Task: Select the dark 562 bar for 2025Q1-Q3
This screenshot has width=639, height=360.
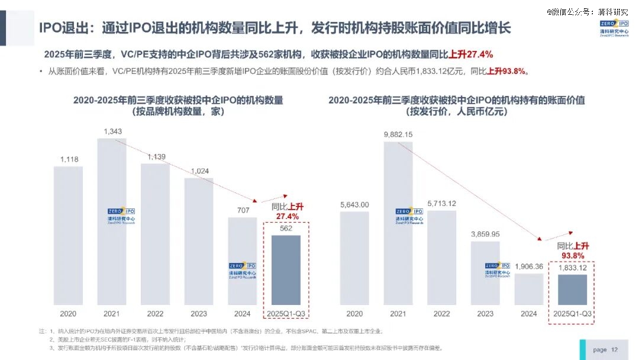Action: coord(286,269)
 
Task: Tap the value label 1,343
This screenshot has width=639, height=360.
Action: coord(112,131)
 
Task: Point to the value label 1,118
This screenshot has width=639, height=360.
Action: coord(68,159)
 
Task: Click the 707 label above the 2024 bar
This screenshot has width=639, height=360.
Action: coord(243,210)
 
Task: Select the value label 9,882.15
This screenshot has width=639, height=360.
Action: coord(398,134)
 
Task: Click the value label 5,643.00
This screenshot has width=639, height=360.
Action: coord(354,204)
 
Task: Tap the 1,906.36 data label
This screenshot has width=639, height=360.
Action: coord(529,266)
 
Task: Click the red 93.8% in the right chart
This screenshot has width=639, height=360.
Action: coord(573,256)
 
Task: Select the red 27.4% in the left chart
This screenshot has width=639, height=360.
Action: coord(286,217)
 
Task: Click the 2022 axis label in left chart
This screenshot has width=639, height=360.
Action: coord(155,313)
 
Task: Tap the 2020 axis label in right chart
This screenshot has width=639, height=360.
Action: coord(354,313)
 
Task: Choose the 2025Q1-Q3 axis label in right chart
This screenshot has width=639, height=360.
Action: coord(573,313)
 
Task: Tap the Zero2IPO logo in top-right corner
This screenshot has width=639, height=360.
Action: coord(613,28)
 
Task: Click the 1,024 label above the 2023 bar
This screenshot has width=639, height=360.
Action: coord(199,171)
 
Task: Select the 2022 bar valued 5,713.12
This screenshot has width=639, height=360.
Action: coord(441,257)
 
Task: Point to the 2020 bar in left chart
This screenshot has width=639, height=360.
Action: coord(68,235)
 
